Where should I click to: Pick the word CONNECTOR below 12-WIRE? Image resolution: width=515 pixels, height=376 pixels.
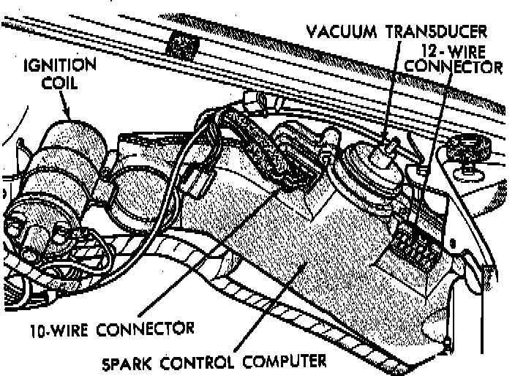pyautogui.click(x=454, y=67)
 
